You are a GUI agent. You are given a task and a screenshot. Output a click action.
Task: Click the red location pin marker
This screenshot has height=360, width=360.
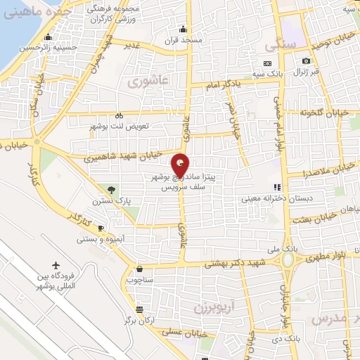click(180, 165)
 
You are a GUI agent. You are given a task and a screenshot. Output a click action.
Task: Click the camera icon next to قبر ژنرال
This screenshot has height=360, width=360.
click(306, 62)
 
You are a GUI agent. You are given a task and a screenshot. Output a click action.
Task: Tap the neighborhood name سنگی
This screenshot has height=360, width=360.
click(278, 45)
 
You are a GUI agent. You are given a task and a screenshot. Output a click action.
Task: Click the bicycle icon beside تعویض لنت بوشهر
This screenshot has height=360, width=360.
click(119, 116)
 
